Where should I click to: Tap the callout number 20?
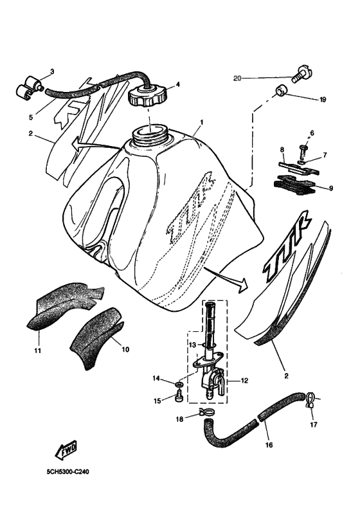237,78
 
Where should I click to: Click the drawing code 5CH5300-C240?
67,471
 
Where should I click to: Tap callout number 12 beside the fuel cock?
244,380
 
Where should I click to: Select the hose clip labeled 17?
310,401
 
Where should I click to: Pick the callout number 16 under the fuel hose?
269,444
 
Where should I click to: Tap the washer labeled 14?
178,385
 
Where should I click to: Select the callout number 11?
37,351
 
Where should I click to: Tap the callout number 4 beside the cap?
177,84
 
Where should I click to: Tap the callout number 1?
201,122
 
